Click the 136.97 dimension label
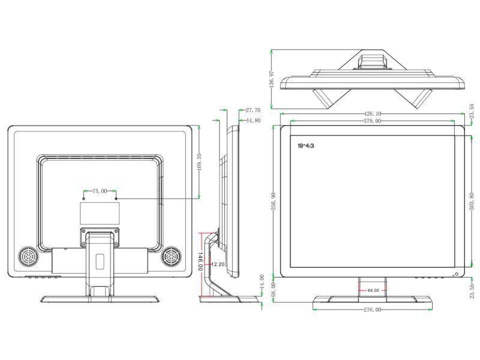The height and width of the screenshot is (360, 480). pos(272,80)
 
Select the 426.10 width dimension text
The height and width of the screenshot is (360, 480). pos(372,113)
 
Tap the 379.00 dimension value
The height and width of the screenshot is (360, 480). pos(372,122)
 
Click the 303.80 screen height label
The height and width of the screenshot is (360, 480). pos(472,202)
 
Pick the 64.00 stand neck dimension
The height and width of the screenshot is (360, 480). pos(373,290)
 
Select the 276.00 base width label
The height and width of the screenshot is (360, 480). pos(372,310)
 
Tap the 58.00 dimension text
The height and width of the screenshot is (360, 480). pos(274,292)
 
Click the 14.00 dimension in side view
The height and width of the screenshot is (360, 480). pos(262,281)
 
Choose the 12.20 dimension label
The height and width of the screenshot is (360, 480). pos(218,264)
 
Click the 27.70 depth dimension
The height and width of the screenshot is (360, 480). pos(253,110)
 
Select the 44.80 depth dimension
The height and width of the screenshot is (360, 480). pos(253,120)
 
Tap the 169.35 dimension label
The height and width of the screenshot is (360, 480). pos(199,164)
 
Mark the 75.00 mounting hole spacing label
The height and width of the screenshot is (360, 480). pos(100,191)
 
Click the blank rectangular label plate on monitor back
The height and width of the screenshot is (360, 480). pos(100,214)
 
